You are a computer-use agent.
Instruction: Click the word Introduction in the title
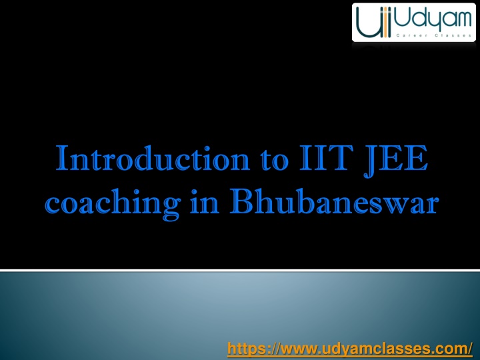point(153,158)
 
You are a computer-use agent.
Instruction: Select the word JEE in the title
point(395,161)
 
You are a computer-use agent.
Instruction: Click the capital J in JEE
point(371,161)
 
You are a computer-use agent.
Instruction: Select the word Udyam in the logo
point(433,19)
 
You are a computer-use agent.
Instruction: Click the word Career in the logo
point(409,35)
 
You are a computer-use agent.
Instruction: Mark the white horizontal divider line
point(240,270)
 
